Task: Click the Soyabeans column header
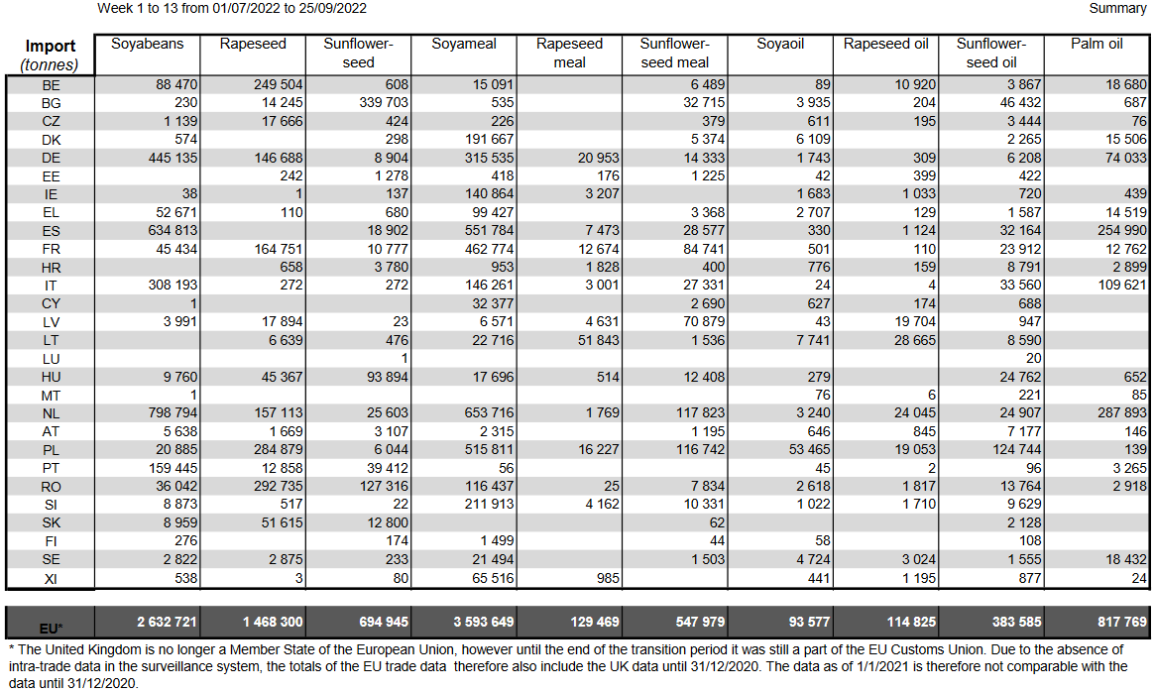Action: [147, 45]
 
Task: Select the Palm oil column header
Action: [1096, 45]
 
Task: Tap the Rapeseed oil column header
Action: [886, 45]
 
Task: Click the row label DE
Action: [51, 159]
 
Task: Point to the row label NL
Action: [51, 413]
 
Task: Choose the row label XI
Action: [51, 579]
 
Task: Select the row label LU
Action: [51, 359]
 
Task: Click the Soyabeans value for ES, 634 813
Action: [173, 230]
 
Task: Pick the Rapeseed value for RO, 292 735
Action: [279, 486]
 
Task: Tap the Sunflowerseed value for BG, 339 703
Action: [384, 102]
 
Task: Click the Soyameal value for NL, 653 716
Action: [490, 412]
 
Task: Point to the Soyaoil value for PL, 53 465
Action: [809, 449]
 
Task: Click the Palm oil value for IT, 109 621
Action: [1122, 285]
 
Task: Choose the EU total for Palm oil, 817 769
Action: [1122, 623]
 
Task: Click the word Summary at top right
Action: [1117, 8]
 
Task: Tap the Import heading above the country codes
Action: [50, 47]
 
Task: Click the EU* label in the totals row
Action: [51, 629]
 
